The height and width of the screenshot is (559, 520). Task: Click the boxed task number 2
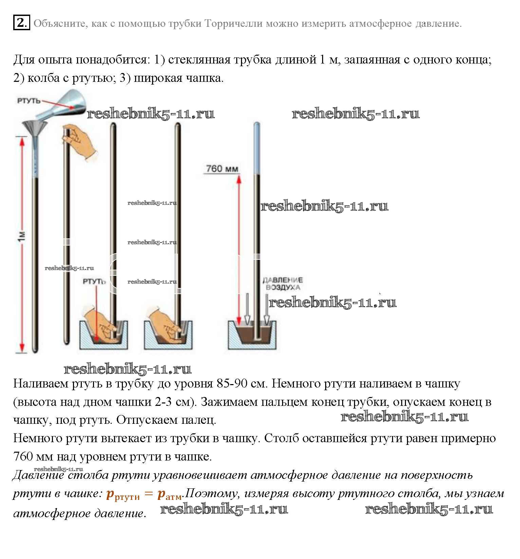[x=21, y=23]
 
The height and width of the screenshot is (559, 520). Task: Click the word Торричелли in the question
[x=234, y=23]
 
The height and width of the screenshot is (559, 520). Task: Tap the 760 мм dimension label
[x=222, y=168]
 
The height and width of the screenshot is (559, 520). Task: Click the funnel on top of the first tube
[x=35, y=129]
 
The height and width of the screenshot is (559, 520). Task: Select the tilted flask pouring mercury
[x=68, y=102]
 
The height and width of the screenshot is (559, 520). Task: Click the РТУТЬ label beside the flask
[x=29, y=101]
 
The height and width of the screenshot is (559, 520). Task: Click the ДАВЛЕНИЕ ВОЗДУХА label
[x=283, y=284]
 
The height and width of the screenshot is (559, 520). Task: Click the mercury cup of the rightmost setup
[x=252, y=335]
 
